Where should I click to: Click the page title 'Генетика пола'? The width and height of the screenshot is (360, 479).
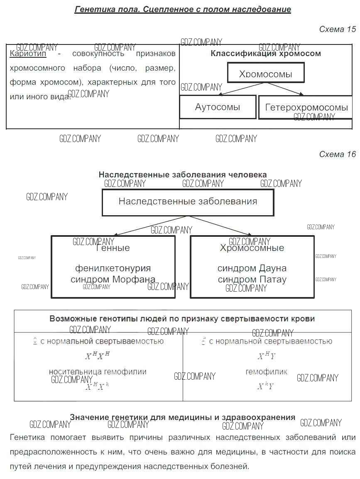point(183,9)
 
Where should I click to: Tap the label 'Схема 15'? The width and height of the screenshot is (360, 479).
point(337,29)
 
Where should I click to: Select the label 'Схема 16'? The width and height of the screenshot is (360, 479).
point(337,154)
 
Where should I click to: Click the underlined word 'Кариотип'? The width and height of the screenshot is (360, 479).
point(28,54)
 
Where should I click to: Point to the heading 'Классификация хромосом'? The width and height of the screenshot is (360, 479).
point(266,53)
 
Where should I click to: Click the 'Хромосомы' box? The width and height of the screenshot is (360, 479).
point(266,73)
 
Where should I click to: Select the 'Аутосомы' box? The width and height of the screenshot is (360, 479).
point(218,107)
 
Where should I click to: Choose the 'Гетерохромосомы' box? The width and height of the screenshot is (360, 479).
point(306,108)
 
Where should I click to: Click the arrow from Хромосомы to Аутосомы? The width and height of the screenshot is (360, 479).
point(241,89)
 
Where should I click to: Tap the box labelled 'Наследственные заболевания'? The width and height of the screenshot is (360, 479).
point(188,202)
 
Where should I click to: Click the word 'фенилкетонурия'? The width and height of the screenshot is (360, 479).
point(113,268)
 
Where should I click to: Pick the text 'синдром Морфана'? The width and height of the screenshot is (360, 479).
point(113,279)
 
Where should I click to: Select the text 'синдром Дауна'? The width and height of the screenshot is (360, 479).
point(252,268)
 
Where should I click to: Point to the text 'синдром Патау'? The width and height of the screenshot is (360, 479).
point(252,279)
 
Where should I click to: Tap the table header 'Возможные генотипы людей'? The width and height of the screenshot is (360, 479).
point(182,319)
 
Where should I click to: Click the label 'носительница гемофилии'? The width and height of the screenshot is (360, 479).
point(98,371)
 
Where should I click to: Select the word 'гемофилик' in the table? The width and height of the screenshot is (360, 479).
point(266,371)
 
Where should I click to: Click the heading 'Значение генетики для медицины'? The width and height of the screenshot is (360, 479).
point(182,417)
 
